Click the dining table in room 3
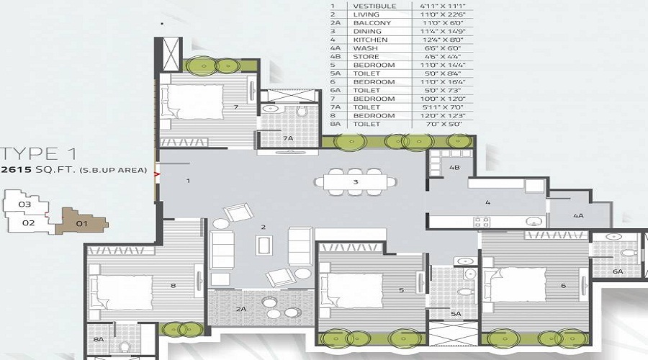coord(355,182)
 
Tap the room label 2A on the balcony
coord(241,308)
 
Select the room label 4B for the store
coord(454,167)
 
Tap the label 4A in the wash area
coord(578,215)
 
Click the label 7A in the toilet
coord(288,138)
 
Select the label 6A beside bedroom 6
coord(617,271)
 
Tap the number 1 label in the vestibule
coord(188,181)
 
